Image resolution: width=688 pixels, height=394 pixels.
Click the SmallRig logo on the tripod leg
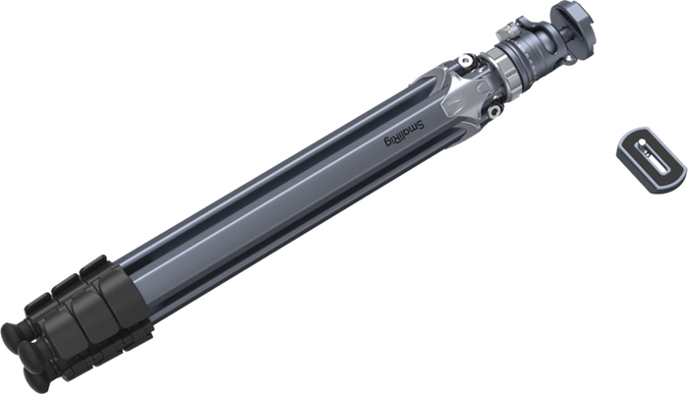(x=404, y=134)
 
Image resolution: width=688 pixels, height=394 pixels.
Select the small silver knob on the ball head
(x=507, y=31)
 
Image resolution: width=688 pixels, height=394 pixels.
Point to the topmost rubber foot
(x=15, y=336)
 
